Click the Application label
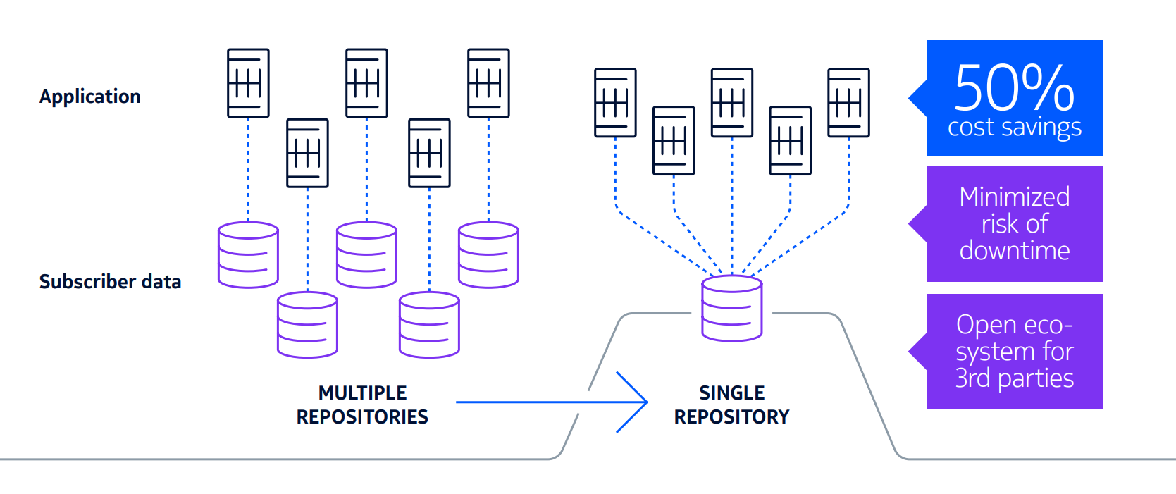89,97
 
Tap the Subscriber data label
110,282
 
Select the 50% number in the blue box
1014,88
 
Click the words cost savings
1014,128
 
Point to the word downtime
1014,251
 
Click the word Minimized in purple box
1014,197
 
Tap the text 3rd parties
1014,378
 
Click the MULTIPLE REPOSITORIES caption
362,405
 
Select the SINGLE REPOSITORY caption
731,405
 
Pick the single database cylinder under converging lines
731,308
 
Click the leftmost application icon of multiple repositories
248,82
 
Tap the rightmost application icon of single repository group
848,102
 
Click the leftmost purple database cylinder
248,254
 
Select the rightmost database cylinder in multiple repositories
488,254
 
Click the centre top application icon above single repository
731,102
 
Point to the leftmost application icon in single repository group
615,102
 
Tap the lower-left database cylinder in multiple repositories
307,324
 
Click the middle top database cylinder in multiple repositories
366,254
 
